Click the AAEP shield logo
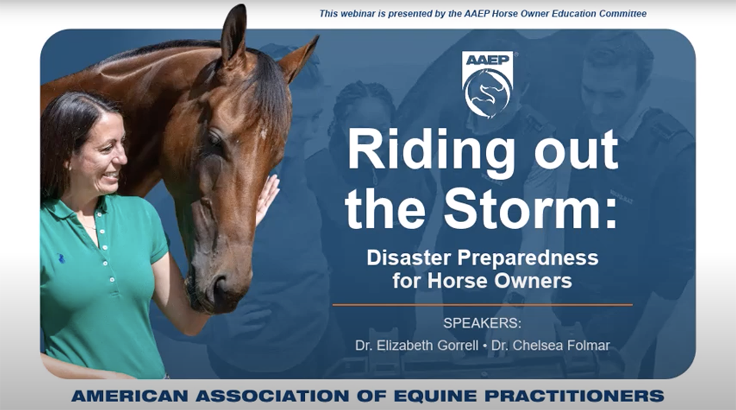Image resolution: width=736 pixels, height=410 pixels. click(488, 85)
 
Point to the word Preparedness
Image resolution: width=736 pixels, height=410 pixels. click(527, 258)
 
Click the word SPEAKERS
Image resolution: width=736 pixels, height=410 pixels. click(482, 323)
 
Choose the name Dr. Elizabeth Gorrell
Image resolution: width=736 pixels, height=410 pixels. click(416, 345)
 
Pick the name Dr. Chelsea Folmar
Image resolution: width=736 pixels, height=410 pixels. click(550, 345)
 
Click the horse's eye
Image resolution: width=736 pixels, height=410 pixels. click(215, 139)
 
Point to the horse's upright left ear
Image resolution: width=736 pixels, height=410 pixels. click(233, 33)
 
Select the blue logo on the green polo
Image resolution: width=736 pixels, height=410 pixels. click(61, 258)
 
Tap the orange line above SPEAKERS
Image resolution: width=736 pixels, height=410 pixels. click(482, 305)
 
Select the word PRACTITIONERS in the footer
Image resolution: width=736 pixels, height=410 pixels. click(574, 396)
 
